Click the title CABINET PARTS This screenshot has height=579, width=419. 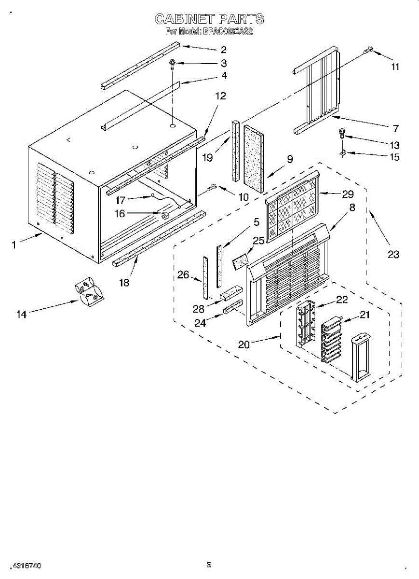point(209,19)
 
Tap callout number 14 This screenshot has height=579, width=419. point(21,314)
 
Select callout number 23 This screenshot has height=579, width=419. point(393,254)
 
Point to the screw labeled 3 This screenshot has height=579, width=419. point(172,64)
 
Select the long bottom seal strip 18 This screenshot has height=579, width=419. point(159,238)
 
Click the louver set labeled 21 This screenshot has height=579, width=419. point(331,339)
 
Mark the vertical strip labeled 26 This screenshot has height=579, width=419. point(205,277)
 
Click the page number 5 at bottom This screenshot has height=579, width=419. point(209,564)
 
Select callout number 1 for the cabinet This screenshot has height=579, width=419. point(14,245)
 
